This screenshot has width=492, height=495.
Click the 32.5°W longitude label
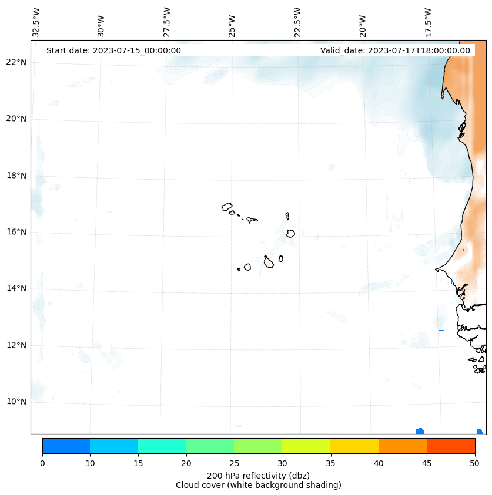tap(36, 22)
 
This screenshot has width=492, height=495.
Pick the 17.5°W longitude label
tap(428, 22)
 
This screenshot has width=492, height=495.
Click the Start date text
tap(113, 50)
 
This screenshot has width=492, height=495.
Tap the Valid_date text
tap(395, 50)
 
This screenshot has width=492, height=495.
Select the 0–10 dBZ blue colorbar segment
tap(66, 446)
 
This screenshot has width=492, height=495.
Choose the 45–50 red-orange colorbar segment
tap(451, 446)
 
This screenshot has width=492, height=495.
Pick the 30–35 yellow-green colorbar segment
tap(306, 446)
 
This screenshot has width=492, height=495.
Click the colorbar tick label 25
tap(234, 463)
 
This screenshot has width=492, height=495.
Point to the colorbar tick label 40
tap(378, 463)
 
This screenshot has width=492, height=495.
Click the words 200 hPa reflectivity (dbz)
tap(258, 475)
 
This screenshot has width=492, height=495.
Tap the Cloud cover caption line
tap(258, 485)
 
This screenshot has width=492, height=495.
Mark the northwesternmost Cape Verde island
tap(227, 207)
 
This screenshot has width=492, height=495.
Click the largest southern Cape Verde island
tap(269, 262)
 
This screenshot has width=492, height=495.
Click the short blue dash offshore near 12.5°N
tap(441, 330)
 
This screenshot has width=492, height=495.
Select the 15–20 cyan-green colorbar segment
tap(162, 446)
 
